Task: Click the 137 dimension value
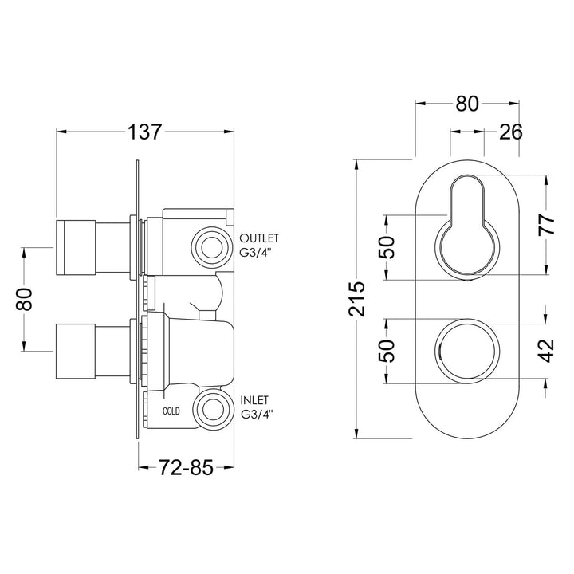pyautogui.click(x=144, y=132)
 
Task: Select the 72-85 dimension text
pyautogui.click(x=186, y=467)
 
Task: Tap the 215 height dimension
pyautogui.click(x=357, y=299)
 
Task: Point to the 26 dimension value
pyautogui.click(x=511, y=132)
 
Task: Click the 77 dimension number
pyautogui.click(x=547, y=224)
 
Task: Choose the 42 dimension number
pyautogui.click(x=547, y=351)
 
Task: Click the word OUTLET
pyautogui.click(x=259, y=238)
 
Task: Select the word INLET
pyautogui.click(x=254, y=399)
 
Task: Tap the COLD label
pyautogui.click(x=171, y=411)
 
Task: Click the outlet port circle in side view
pyautogui.click(x=212, y=248)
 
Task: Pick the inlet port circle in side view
pyautogui.click(x=212, y=408)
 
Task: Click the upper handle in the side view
pyautogui.click(x=94, y=247)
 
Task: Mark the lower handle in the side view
pyautogui.click(x=94, y=351)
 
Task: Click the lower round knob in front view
pyautogui.click(x=466, y=351)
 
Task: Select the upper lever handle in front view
pyautogui.click(x=466, y=225)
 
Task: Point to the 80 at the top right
pyautogui.click(x=466, y=104)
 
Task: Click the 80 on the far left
pyautogui.click(x=25, y=300)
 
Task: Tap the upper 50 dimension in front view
pyautogui.click(x=387, y=247)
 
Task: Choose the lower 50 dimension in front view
pyautogui.click(x=387, y=351)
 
